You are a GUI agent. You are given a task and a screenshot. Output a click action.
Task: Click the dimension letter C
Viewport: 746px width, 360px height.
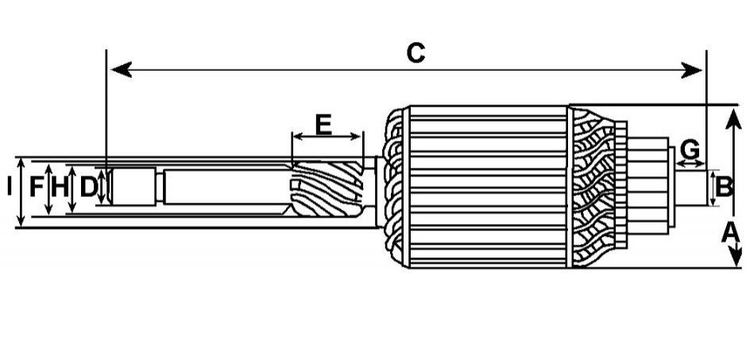(416, 53)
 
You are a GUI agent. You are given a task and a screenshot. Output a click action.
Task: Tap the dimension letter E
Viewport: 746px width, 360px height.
(323, 125)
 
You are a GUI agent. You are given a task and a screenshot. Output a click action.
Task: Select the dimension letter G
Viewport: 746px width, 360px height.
(690, 149)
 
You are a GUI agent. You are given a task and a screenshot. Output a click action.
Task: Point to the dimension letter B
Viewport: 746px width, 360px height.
(724, 187)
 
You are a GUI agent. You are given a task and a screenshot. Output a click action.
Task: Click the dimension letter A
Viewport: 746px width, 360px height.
(730, 234)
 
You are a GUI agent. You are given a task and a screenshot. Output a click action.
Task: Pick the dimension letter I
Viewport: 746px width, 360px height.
(9, 187)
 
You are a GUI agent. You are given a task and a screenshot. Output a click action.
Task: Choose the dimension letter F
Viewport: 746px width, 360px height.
(37, 187)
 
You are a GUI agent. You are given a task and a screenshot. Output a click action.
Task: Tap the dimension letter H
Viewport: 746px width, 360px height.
(60, 187)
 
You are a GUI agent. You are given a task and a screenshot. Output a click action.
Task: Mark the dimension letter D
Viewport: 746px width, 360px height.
(88, 187)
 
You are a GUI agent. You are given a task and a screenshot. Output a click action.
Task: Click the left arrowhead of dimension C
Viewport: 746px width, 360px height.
(121, 69)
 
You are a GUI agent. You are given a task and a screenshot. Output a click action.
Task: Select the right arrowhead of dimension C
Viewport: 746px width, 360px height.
(691, 69)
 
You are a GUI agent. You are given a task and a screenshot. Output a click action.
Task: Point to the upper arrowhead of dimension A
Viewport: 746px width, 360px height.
(733, 118)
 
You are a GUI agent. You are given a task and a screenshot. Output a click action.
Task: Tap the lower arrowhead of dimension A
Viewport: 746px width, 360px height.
(735, 255)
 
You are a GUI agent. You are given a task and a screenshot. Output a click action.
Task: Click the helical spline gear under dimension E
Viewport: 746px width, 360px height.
(327, 188)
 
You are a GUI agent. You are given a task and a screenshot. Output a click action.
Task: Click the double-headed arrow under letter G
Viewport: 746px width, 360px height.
(690, 164)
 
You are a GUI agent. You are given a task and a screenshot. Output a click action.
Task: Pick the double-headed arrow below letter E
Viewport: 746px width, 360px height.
(327, 137)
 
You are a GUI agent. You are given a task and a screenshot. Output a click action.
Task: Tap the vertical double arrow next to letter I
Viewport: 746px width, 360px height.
(21, 192)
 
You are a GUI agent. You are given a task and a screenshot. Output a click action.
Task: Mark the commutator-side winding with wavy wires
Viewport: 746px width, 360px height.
(593, 187)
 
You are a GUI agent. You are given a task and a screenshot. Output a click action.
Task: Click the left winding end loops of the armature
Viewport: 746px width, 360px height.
(394, 187)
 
